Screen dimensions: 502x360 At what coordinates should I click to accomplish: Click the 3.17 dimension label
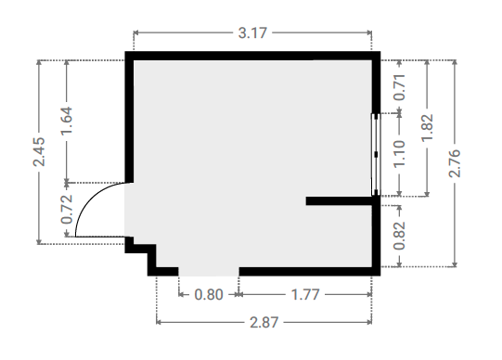[x=252, y=33]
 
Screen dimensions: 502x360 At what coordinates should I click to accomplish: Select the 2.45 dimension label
[x=39, y=151]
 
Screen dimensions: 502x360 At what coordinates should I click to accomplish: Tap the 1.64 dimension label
[x=67, y=121]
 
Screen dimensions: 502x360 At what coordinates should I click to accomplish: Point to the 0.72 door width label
[x=67, y=210]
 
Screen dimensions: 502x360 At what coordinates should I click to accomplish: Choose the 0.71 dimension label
[x=399, y=87]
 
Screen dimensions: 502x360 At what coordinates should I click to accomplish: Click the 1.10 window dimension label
[x=399, y=154]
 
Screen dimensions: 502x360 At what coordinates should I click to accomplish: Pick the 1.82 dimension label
[x=427, y=127]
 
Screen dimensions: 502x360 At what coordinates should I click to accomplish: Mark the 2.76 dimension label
[x=455, y=163]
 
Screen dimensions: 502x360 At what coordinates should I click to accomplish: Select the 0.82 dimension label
[x=399, y=236]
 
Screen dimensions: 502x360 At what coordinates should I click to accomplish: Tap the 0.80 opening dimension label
[x=209, y=294]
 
